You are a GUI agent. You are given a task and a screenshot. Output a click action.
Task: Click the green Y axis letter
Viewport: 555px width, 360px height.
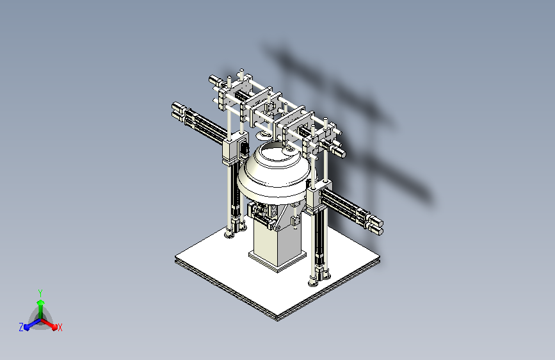(40, 293)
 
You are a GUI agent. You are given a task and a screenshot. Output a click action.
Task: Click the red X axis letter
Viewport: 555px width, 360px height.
(60, 327)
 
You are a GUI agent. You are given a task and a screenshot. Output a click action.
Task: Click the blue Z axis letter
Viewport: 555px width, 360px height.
(21, 327)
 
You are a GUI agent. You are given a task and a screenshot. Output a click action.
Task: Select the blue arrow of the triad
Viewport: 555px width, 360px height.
(33, 324)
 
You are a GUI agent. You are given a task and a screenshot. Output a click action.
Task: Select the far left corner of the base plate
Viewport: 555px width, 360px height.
(176, 258)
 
